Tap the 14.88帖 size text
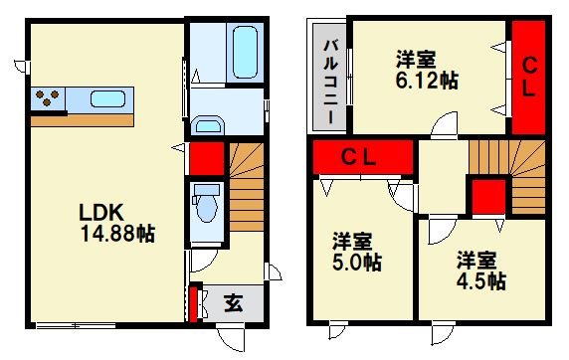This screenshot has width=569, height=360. point(117,234)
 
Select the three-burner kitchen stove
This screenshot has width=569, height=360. point(46,99)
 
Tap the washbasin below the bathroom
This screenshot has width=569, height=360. point(209,123)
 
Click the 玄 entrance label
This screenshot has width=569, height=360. point(231,302)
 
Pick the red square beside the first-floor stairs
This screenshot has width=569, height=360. point(205,159)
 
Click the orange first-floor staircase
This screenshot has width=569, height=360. point(246,189)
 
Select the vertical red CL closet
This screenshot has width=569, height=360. point(529,78)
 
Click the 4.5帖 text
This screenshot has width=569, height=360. point(481,280)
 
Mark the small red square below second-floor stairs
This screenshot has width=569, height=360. point(485,196)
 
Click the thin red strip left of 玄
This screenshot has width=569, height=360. point(191,304)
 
